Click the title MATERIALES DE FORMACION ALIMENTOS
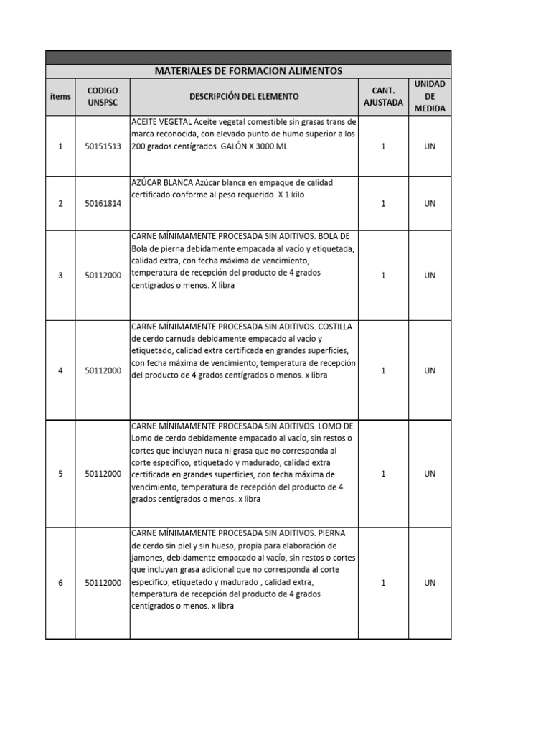pyautogui.click(x=248, y=71)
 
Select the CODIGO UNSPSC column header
pyautogui.click(x=102, y=96)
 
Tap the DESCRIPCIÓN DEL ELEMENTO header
pyautogui.click(x=244, y=96)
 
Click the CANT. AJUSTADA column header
pyautogui.click(x=383, y=96)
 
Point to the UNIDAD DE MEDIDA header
pyautogui.click(x=430, y=96)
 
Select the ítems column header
pyautogui.click(x=60, y=96)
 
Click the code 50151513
pyautogui.click(x=103, y=146)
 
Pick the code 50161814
pyautogui.click(x=103, y=204)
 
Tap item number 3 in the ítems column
pyautogui.click(x=60, y=276)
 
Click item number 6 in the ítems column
pyautogui.click(x=60, y=583)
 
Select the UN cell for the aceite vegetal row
pyautogui.click(x=430, y=146)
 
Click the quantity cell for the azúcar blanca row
pyautogui.click(x=383, y=204)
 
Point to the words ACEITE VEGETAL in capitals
pyautogui.click(x=161, y=122)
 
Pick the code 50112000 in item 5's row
pyautogui.click(x=103, y=474)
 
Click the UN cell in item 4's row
pyautogui.click(x=430, y=370)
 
